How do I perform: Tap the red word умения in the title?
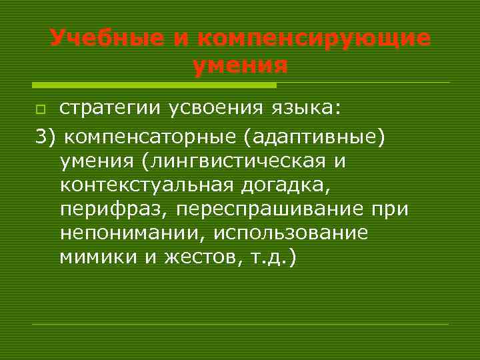(240, 66)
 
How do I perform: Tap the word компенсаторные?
(151, 137)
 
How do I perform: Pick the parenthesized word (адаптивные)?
(315, 137)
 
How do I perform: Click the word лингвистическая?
(238, 161)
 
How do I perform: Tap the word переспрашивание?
(274, 210)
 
